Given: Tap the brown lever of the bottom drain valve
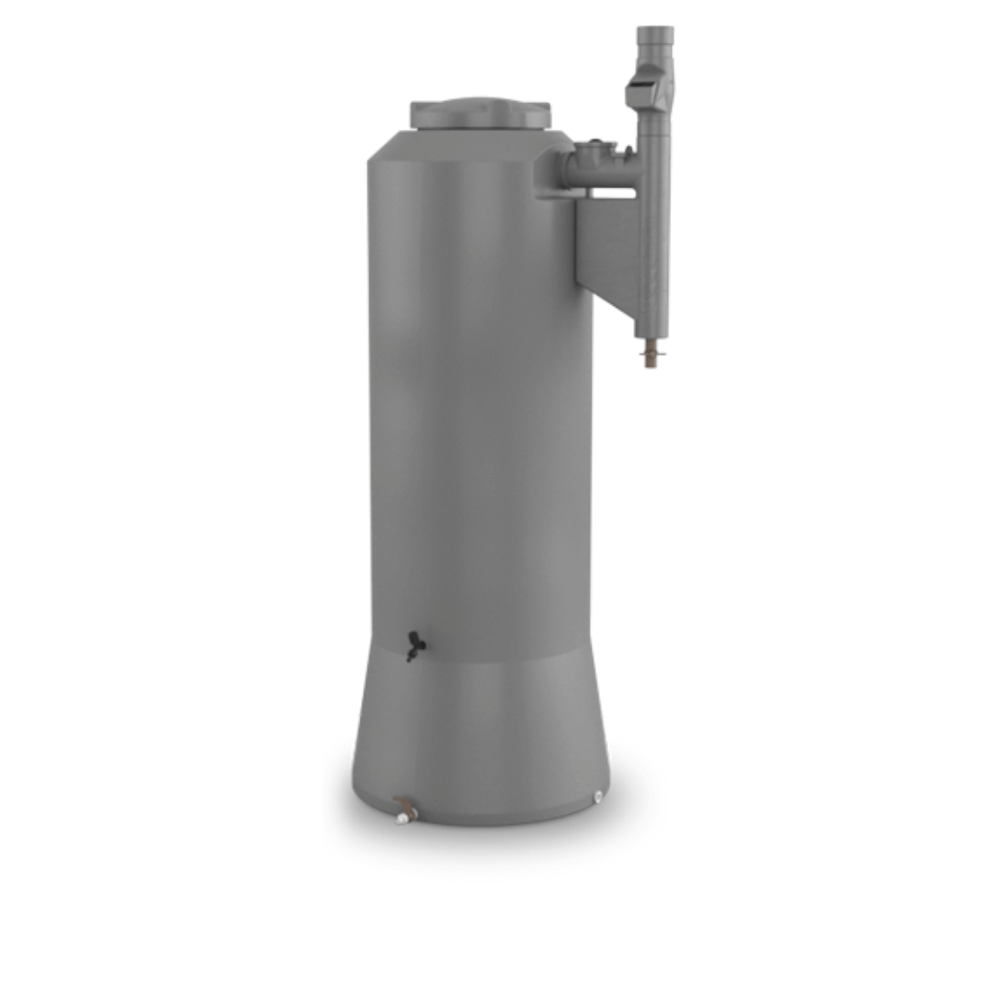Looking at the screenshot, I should tap(403, 804).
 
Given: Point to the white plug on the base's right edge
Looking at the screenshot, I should tap(598, 797).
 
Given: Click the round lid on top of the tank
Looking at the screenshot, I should tap(480, 114).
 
